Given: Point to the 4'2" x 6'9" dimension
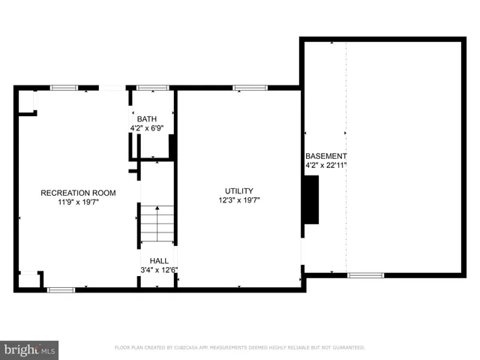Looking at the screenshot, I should pyautogui.click(x=146, y=128).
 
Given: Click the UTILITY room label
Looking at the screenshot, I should pyautogui.click(x=239, y=190).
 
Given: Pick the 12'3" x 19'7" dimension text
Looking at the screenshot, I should pyautogui.click(x=239, y=200).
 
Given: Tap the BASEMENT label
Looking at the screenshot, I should pyautogui.click(x=326, y=156).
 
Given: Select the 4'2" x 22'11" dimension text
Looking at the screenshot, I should pyautogui.click(x=326, y=165).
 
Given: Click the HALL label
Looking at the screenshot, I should pyautogui.click(x=158, y=261).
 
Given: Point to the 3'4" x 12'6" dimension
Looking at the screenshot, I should pyautogui.click(x=158, y=270).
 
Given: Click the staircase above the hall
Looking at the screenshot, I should pyautogui.click(x=158, y=223).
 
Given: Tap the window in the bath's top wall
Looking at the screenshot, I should pyautogui.click(x=152, y=88).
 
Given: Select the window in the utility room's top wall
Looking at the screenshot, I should pyautogui.click(x=245, y=88).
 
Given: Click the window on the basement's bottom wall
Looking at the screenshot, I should pyautogui.click(x=366, y=275).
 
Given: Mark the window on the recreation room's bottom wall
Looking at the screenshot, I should pyautogui.click(x=60, y=289).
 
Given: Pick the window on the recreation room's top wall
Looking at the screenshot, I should pyautogui.click(x=64, y=88).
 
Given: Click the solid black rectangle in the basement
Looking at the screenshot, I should pyautogui.click(x=310, y=199).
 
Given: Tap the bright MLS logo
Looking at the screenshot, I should pyautogui.click(x=29, y=349).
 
